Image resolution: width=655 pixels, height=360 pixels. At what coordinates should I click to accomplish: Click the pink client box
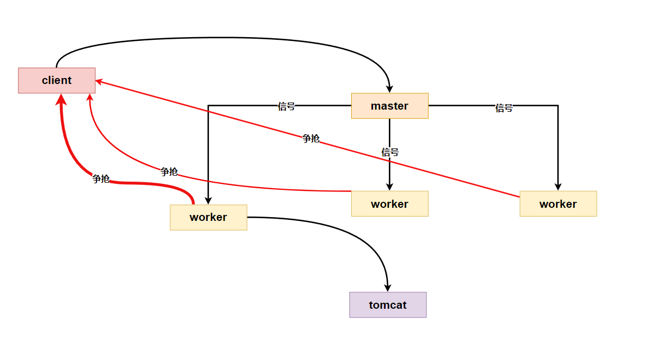coord(57,81)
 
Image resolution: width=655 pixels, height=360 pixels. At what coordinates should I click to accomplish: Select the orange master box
coord(389,106)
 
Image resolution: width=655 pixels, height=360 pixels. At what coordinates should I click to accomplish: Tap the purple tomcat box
coord(388,305)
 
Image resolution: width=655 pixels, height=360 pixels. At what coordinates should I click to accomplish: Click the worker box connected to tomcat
coord(208,217)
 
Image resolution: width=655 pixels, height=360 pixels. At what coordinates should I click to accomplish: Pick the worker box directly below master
coord(389,204)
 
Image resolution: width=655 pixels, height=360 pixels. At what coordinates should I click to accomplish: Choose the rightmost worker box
coord(558,204)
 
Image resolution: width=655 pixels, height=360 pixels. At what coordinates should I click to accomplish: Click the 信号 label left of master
coord(286,106)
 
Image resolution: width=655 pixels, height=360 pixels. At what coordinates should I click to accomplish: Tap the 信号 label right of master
coord(504,108)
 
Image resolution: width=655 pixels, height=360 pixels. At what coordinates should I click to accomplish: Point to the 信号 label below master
coord(390,152)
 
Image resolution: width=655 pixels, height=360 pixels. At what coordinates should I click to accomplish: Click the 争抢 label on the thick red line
coord(101,179)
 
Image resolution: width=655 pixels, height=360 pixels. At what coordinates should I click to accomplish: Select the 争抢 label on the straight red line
coord(311,139)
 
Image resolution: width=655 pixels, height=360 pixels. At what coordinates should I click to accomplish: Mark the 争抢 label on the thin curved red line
coord(169,172)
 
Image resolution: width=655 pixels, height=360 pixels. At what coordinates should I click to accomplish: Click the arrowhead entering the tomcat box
coord(388,287)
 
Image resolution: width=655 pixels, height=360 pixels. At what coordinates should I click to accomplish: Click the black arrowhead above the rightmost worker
coord(558,186)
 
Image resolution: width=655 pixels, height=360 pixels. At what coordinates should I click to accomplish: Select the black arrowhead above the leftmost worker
coord(208,200)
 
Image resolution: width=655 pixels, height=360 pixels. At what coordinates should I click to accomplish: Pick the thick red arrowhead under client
coord(62,99)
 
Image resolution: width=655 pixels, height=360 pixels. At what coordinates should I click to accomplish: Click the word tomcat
coord(388,305)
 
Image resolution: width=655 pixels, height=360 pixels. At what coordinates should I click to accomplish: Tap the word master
coord(389,106)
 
